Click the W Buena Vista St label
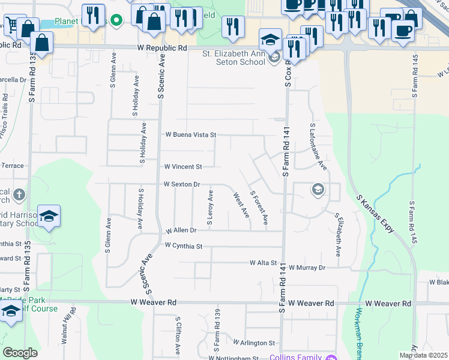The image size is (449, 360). point(190,135)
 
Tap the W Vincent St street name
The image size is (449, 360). point(183,166)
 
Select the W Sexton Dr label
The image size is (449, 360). point(181,185)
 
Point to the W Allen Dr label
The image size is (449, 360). point(181,230)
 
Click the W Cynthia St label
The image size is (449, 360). point(184,246)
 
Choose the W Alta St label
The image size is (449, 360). point(264,263)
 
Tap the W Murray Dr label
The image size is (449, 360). point(306,268)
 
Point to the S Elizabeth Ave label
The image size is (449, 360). point(338,235)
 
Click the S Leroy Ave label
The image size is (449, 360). point(210,208)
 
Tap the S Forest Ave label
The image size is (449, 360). point(259,208)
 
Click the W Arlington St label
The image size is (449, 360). point(254,343)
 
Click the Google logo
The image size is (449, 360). point(20,353)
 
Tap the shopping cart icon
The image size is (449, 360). point(11,24)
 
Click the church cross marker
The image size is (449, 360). point(19,194)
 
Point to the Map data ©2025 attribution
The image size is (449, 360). point(423,355)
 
